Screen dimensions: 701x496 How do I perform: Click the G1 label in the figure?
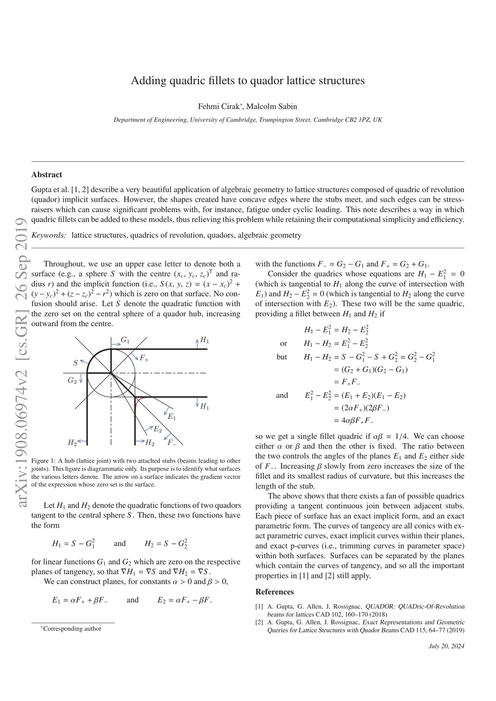125,340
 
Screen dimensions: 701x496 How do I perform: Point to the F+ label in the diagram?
144,358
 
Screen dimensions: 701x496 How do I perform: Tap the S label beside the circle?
75,363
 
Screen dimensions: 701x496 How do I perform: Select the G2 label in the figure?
72,380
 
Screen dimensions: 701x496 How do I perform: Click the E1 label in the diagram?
172,417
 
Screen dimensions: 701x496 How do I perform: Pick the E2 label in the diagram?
158,429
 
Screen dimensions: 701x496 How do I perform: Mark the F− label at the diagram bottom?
173,442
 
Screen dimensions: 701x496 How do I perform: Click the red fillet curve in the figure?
138,404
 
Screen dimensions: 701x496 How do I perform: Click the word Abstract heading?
46,174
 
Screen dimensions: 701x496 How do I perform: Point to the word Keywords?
49,235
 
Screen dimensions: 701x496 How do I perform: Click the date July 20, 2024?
446,646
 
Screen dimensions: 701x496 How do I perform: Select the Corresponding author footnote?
72,629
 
